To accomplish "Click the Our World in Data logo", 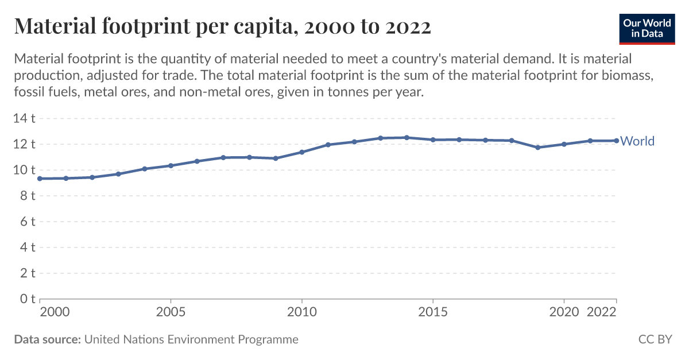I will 647,28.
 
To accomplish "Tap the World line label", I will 637,141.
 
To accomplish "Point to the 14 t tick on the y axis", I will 25,118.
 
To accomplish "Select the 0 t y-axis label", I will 28,299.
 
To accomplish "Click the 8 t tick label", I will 28,195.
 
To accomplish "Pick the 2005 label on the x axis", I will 171,312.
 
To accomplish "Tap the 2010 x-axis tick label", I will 301,312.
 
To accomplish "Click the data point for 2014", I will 407,137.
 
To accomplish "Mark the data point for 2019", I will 538,148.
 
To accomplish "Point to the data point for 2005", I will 171,165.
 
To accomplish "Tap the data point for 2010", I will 301,152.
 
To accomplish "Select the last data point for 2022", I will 616,141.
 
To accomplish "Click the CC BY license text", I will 655,339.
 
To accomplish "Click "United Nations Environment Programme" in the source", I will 191,339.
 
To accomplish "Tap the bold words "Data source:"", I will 47,339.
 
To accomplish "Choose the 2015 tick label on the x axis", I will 433,312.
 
